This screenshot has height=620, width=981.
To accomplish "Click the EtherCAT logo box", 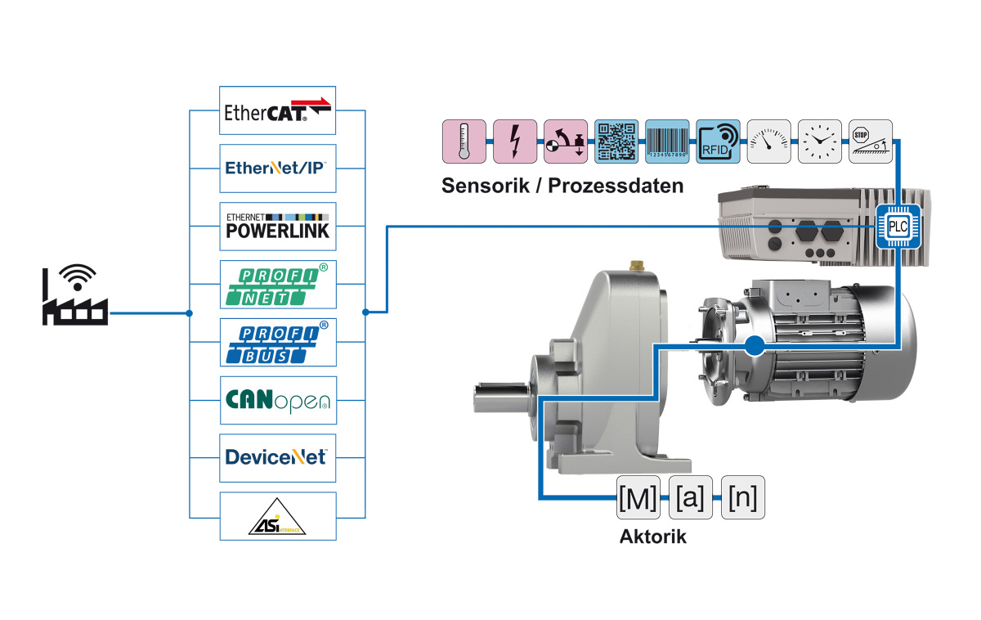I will point(278,110).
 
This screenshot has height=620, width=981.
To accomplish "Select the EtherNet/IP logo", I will point(278,168).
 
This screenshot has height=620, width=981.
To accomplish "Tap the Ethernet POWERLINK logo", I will point(278,226).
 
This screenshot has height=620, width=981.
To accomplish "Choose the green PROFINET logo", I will point(278,284).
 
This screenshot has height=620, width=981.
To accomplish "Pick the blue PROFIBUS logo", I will point(278,342).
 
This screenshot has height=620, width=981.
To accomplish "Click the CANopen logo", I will point(278,400).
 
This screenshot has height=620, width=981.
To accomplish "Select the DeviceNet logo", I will point(278,457).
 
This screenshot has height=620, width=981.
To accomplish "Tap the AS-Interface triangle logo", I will point(278,515).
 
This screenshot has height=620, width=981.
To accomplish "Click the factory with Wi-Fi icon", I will point(74,295).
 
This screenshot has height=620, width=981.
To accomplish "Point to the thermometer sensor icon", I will point(464,141).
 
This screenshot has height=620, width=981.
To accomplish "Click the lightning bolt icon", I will point(515,141).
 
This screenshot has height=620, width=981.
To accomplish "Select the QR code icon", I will point(616,141).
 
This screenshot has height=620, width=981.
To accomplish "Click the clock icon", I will point(820,141).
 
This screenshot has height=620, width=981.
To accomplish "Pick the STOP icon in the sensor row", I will point(871,141).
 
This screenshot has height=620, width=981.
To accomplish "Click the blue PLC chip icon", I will point(898,226).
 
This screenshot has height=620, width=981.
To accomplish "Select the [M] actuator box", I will point(638,497).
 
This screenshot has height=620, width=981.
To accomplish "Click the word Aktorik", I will point(653,537).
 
